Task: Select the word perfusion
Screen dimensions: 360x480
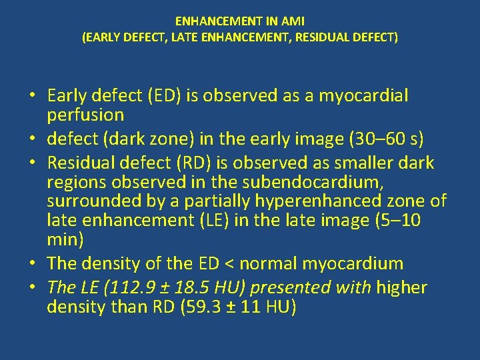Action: coord(85,115)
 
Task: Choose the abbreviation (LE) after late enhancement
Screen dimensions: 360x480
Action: coord(219,220)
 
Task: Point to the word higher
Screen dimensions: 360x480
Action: coord(401,288)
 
